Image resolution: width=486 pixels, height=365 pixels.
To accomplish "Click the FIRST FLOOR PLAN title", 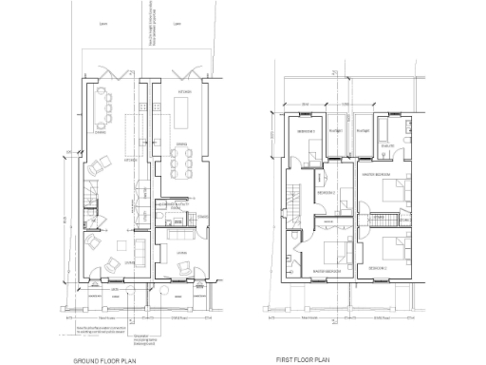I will coord(303,360).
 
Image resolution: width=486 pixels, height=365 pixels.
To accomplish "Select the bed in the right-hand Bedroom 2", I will coord(391,252).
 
